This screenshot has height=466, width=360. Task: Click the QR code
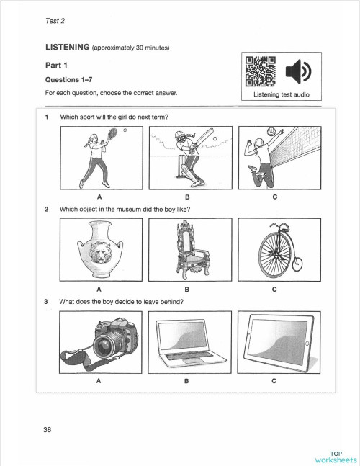click(x=261, y=71)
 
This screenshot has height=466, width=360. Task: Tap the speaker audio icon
click(x=297, y=72)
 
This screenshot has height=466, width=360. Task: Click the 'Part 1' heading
click(x=57, y=64)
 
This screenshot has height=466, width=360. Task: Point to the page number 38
click(x=47, y=430)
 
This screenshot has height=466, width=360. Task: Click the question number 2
click(x=47, y=210)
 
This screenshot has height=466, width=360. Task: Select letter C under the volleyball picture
click(x=274, y=195)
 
